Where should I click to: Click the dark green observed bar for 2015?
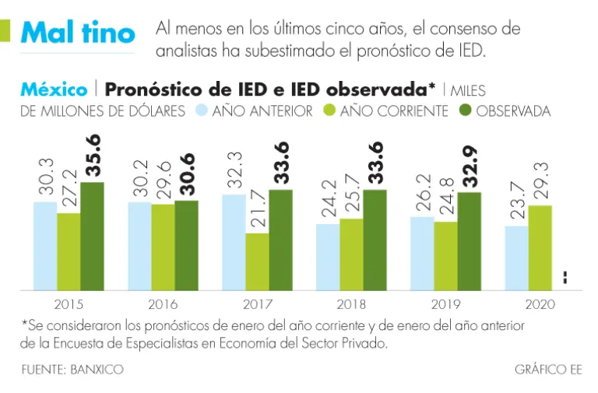pyautogui.click(x=92, y=237)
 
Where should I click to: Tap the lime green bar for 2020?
pyautogui.click(x=540, y=247)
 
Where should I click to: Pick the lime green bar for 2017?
pyautogui.click(x=258, y=261)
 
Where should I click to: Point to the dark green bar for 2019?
pyautogui.click(x=469, y=241)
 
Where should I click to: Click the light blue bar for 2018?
pyautogui.click(x=328, y=257)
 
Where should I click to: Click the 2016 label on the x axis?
pyautogui.click(x=163, y=304)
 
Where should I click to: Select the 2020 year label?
pyautogui.click(x=540, y=304)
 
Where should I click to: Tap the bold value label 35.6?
pyautogui.click(x=93, y=158)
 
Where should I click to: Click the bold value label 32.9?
pyautogui.click(x=470, y=167)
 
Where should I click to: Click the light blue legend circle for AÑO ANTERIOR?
pyautogui.click(x=201, y=111)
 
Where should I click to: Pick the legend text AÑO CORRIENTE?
pyautogui.click(x=394, y=111)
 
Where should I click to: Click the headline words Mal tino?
pyautogui.click(x=77, y=32)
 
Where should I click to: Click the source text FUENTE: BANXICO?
pyautogui.click(x=72, y=370)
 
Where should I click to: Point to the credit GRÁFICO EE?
pyautogui.click(x=547, y=370)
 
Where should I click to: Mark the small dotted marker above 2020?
pyautogui.click(x=565, y=277)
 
